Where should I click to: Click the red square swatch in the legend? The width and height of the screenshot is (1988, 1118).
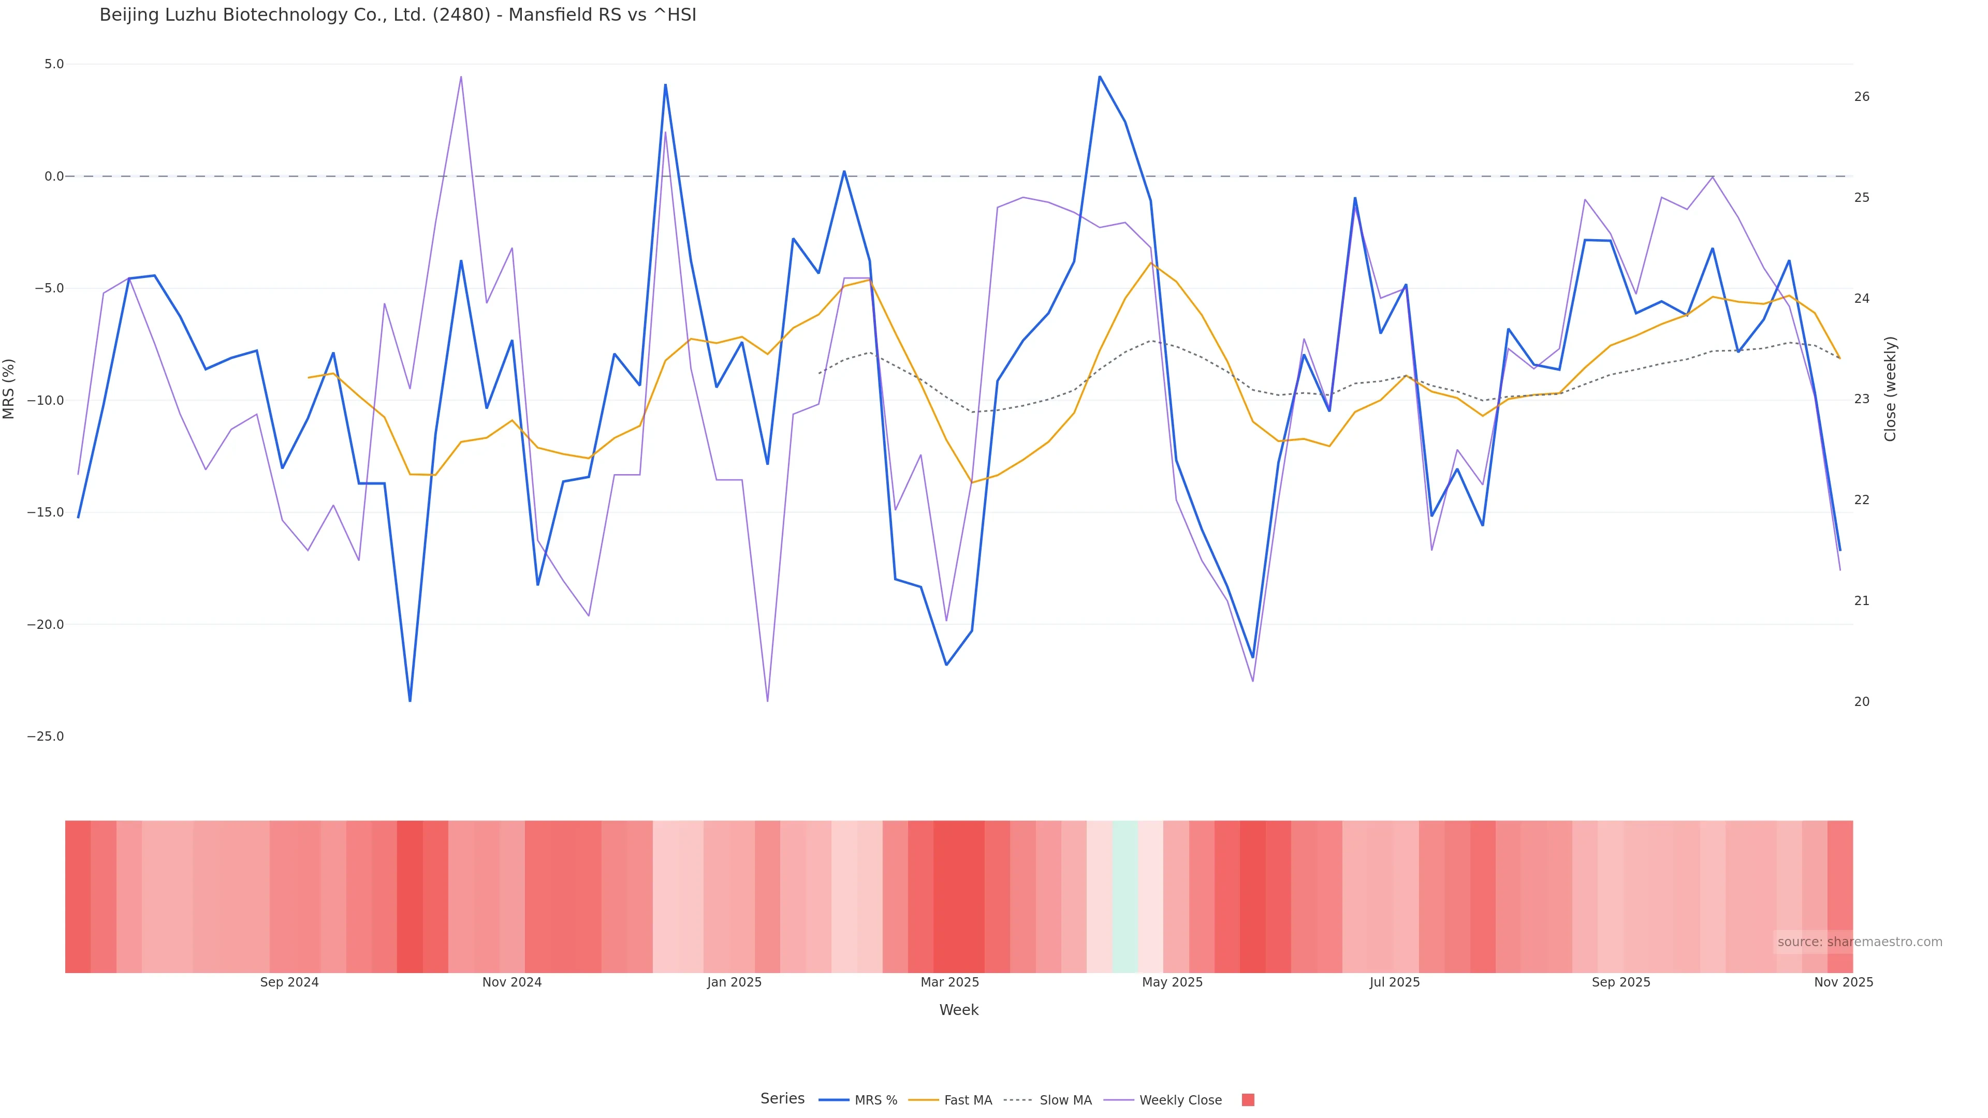tap(1248, 1099)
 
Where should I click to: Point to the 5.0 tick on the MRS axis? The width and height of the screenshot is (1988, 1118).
tap(54, 64)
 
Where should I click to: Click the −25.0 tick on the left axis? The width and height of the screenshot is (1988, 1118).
tap(46, 736)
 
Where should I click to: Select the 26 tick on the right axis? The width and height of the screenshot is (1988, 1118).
tap(1862, 96)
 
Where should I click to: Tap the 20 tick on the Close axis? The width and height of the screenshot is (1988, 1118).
tap(1862, 701)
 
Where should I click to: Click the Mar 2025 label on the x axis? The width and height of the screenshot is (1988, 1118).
tap(949, 982)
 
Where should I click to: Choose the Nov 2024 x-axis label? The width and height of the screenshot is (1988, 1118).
tap(511, 982)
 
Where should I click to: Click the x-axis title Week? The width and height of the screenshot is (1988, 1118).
tap(958, 1010)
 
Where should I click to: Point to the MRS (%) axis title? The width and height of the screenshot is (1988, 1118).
tap(9, 388)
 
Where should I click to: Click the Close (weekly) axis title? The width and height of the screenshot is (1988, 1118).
tap(1890, 388)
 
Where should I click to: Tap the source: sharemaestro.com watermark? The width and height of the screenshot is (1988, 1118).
tap(1860, 942)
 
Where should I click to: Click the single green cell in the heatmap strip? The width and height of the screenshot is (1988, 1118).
tap(1125, 896)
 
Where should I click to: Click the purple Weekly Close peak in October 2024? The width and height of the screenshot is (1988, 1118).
tap(461, 77)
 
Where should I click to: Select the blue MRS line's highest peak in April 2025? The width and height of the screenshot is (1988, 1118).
tap(1100, 77)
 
